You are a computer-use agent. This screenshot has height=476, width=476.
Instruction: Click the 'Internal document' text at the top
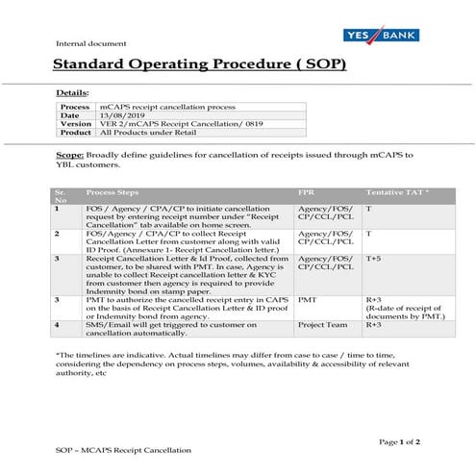point(85,44)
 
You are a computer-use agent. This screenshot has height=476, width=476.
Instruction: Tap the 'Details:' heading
point(73,92)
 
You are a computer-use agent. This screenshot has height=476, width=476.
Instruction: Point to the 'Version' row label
point(76,124)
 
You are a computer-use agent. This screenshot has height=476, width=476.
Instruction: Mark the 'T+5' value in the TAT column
point(374,258)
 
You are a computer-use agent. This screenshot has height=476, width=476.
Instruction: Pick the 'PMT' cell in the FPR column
point(308,299)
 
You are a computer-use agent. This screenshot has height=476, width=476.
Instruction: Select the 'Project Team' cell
point(322,325)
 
